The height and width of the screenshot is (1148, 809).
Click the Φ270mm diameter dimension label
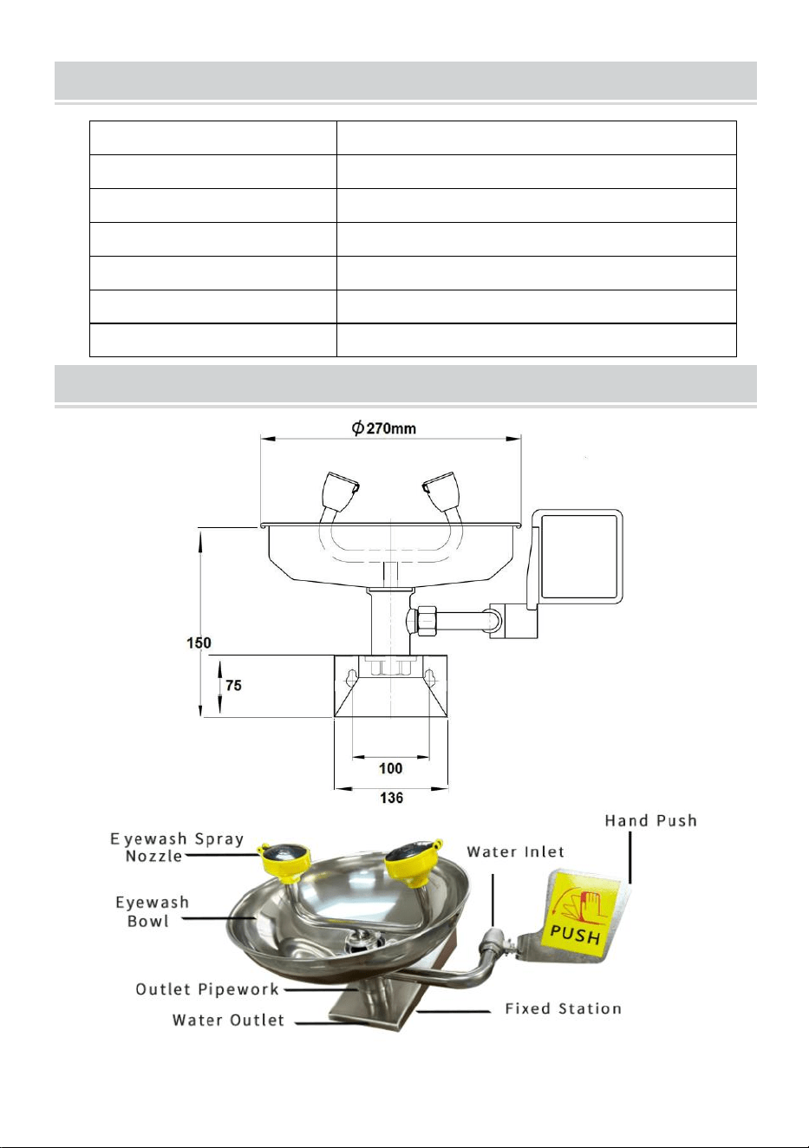383,427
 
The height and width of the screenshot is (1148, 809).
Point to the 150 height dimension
199,642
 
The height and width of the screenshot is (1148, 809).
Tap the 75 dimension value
233,685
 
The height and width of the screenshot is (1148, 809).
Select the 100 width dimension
391,768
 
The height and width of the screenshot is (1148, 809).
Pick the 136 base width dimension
391,798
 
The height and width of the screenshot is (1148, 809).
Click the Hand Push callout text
650,820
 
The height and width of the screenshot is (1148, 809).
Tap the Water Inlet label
515,851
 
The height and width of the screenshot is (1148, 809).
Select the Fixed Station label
563,1008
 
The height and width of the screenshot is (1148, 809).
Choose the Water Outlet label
228,1020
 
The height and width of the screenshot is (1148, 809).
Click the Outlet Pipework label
207,989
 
